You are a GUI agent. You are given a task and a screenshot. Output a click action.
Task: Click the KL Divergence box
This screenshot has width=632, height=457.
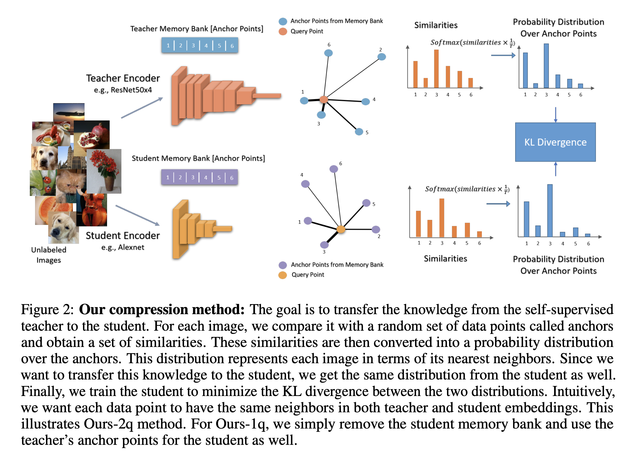555,142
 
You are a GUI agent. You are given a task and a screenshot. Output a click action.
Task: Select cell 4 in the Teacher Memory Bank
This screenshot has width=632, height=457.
206,45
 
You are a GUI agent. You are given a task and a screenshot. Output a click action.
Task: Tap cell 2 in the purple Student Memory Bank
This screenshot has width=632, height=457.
180,177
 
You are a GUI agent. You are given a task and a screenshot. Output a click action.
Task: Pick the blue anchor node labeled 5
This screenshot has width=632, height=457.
359,132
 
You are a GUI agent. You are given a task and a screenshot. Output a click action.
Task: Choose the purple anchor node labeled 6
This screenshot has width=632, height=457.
334,169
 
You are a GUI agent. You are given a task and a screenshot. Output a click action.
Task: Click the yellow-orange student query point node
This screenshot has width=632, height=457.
341,229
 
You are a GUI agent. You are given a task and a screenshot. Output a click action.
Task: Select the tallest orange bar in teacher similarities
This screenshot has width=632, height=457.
436,69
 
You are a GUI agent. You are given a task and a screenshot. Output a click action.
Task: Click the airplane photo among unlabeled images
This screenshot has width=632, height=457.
69,112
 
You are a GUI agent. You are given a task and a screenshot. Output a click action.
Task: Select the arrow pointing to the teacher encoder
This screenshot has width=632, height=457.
142,108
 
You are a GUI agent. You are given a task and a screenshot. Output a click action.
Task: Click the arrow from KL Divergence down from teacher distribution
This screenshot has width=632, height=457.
555,115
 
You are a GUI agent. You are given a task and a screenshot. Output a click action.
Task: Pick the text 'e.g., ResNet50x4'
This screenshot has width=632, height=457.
123,90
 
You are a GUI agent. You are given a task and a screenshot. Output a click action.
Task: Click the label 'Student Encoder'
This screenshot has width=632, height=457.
123,236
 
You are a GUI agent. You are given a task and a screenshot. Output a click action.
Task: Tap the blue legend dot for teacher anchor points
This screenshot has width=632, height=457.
283,21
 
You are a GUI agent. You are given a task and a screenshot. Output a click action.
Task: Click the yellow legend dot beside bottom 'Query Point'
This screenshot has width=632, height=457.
282,275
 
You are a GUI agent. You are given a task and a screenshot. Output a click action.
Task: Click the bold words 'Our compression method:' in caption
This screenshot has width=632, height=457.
162,310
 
